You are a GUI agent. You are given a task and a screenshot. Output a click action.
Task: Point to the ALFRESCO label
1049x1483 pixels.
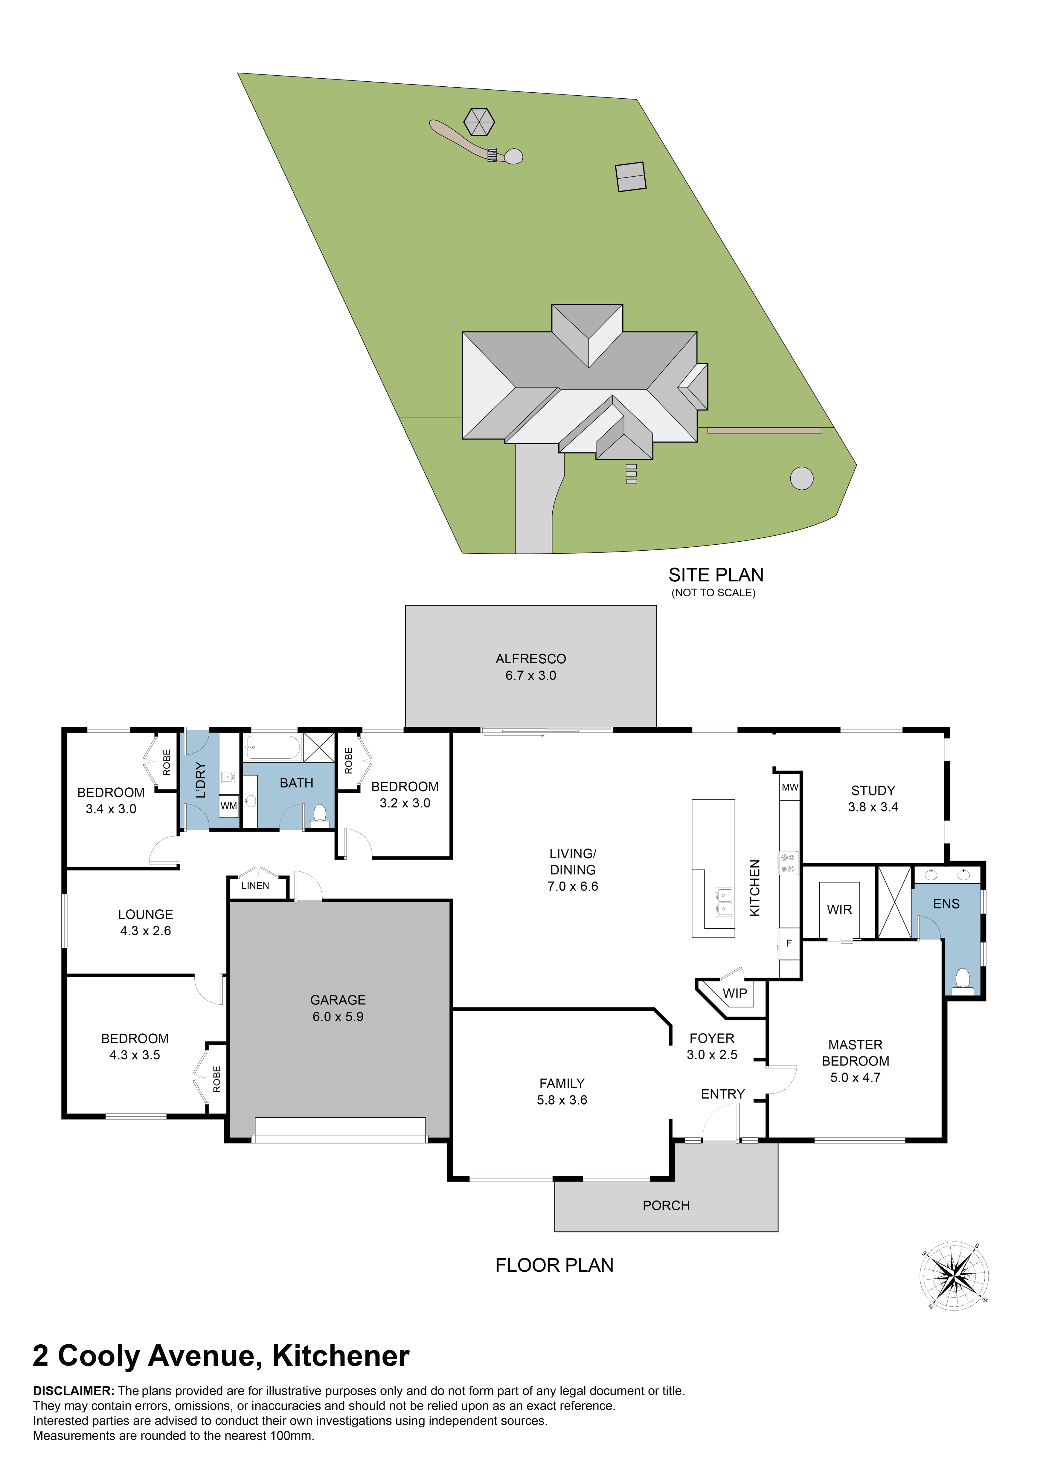coord(531,659)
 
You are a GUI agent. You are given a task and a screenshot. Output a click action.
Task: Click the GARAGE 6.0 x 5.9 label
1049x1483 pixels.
coord(338,1008)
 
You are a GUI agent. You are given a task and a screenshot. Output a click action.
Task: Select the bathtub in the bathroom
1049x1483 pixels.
coord(273,747)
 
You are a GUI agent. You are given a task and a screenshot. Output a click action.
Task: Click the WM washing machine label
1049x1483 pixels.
coord(229,806)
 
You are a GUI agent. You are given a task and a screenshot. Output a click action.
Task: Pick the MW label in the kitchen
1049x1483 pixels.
coord(790,787)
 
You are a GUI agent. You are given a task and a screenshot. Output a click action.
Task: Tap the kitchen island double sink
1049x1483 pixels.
coord(724,901)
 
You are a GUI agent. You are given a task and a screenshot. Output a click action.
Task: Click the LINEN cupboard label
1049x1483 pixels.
coord(255,885)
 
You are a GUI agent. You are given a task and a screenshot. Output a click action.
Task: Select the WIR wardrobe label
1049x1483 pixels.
coord(839,909)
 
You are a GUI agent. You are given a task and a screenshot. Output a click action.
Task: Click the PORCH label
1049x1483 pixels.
coord(666,1205)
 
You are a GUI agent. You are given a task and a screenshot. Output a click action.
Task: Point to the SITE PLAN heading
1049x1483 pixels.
coord(716,575)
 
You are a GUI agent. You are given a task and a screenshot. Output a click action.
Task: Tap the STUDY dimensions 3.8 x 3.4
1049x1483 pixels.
coord(873,807)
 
